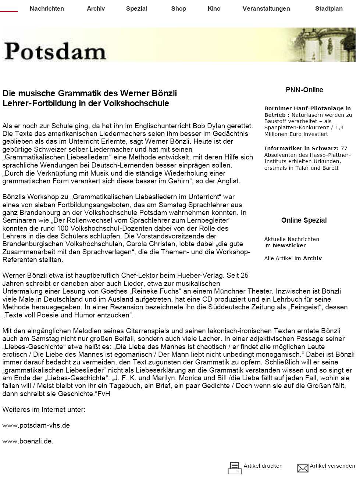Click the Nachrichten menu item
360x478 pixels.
(x=47, y=8)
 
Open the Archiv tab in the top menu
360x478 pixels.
(x=96, y=8)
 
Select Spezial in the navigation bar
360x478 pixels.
(x=136, y=8)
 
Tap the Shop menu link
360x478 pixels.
(x=178, y=8)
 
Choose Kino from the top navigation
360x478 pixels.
(x=214, y=8)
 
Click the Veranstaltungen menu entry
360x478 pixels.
(x=266, y=8)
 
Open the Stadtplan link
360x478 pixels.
(x=328, y=8)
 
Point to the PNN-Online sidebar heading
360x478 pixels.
(x=304, y=90)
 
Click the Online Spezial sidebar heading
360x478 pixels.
(x=304, y=220)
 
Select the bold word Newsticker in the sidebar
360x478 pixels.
(x=289, y=245)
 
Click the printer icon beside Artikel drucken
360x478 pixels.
(x=234, y=468)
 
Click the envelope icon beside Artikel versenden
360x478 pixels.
(x=303, y=468)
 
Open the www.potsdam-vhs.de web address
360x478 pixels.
(x=36, y=425)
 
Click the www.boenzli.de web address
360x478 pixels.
(x=28, y=441)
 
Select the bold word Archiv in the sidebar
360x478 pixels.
(x=312, y=258)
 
